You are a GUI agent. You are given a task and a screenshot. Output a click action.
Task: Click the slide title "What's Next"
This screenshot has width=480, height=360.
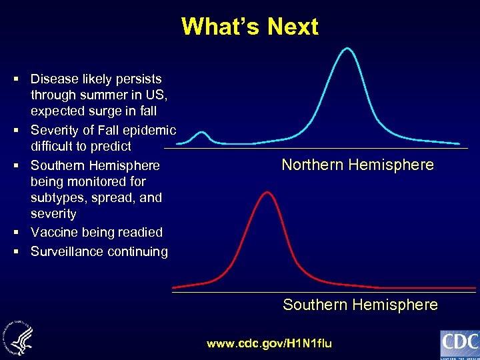249,27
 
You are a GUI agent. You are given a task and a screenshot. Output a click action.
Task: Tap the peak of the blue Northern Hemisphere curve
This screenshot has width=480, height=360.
346,48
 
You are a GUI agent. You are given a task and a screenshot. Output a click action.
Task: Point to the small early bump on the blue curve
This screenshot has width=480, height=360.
202,134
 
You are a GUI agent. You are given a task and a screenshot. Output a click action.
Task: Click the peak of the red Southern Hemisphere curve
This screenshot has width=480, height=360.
267,192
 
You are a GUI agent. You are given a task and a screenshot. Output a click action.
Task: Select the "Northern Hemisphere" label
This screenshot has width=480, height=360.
357,165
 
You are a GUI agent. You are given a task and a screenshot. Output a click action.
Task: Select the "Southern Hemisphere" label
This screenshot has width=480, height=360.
360,305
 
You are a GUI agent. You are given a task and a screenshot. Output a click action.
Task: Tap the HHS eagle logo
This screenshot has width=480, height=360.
21,333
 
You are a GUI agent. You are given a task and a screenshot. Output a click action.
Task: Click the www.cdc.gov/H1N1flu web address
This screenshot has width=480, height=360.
269,343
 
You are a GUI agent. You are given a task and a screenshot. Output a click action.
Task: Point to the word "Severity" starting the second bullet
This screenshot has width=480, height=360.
55,130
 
